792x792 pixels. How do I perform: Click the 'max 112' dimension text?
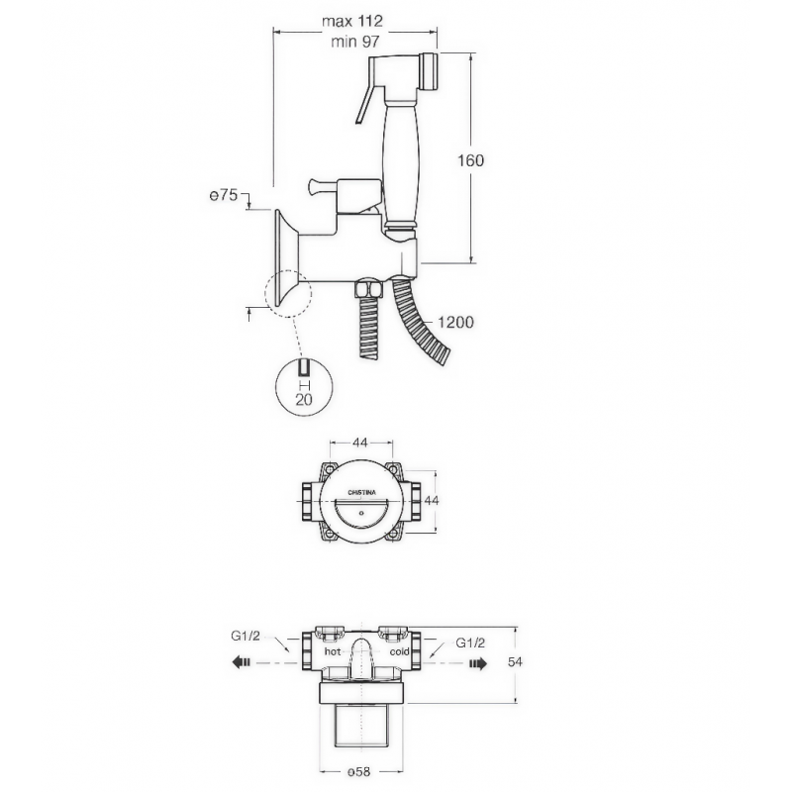coord(352,21)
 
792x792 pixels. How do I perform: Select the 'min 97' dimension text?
coord(354,42)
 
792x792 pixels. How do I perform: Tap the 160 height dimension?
coord(470,160)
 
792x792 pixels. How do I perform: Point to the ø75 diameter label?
coord(224,195)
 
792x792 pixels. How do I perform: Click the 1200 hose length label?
coord(455,322)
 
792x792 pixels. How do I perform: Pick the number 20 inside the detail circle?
coord(304,400)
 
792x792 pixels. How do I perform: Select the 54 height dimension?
coord(515,661)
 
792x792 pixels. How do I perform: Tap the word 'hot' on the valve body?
coord(333,651)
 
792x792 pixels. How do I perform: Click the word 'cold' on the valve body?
coord(399,651)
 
